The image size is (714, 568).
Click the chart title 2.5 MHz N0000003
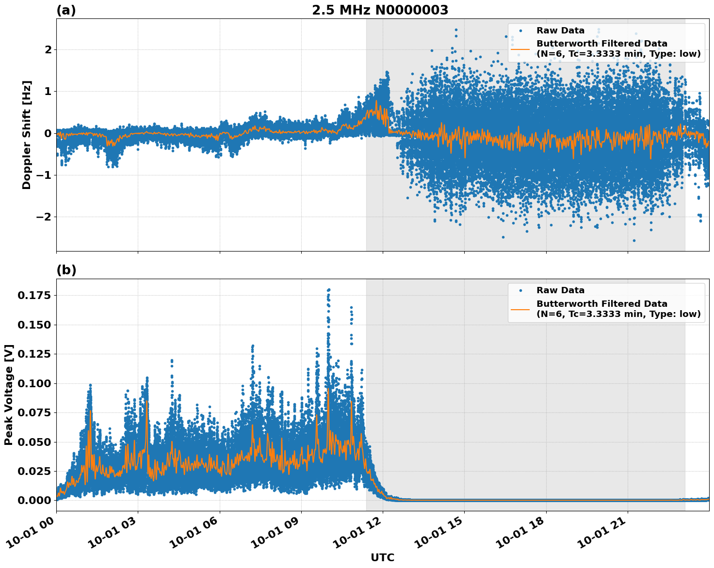[380, 10]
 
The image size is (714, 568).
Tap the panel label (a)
[66, 10]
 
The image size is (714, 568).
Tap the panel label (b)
[66, 270]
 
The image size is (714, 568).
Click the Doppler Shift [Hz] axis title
[27, 135]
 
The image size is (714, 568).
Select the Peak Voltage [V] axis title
[9, 395]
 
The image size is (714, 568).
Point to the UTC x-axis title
[382, 557]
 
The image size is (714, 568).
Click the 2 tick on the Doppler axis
[48, 49]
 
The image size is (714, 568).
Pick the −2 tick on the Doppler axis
[44, 217]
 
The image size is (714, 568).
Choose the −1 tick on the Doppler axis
[44, 175]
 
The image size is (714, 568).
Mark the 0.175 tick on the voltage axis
[34, 295]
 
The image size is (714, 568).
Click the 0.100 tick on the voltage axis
[34, 383]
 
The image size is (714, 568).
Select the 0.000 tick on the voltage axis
[34, 500]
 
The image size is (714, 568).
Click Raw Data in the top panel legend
[560, 31]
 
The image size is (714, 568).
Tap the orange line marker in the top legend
[520, 48]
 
